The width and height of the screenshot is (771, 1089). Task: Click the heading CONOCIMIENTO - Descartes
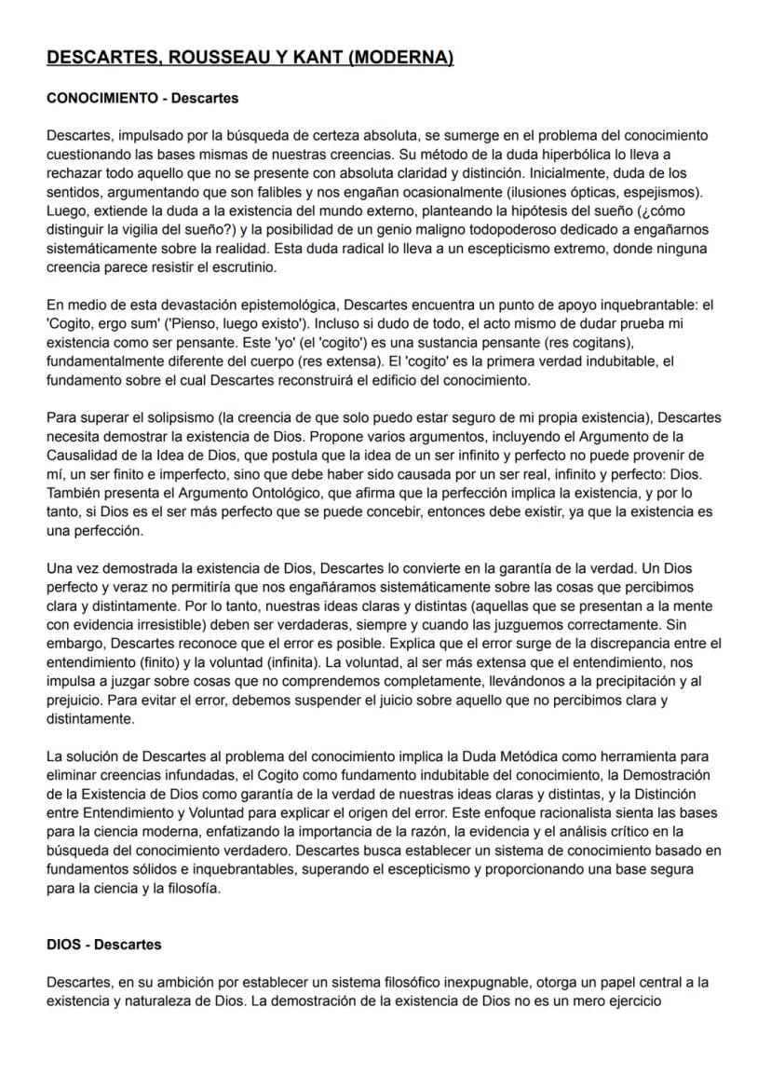tap(142, 98)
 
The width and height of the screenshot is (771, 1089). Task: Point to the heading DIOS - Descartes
tap(103, 945)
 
